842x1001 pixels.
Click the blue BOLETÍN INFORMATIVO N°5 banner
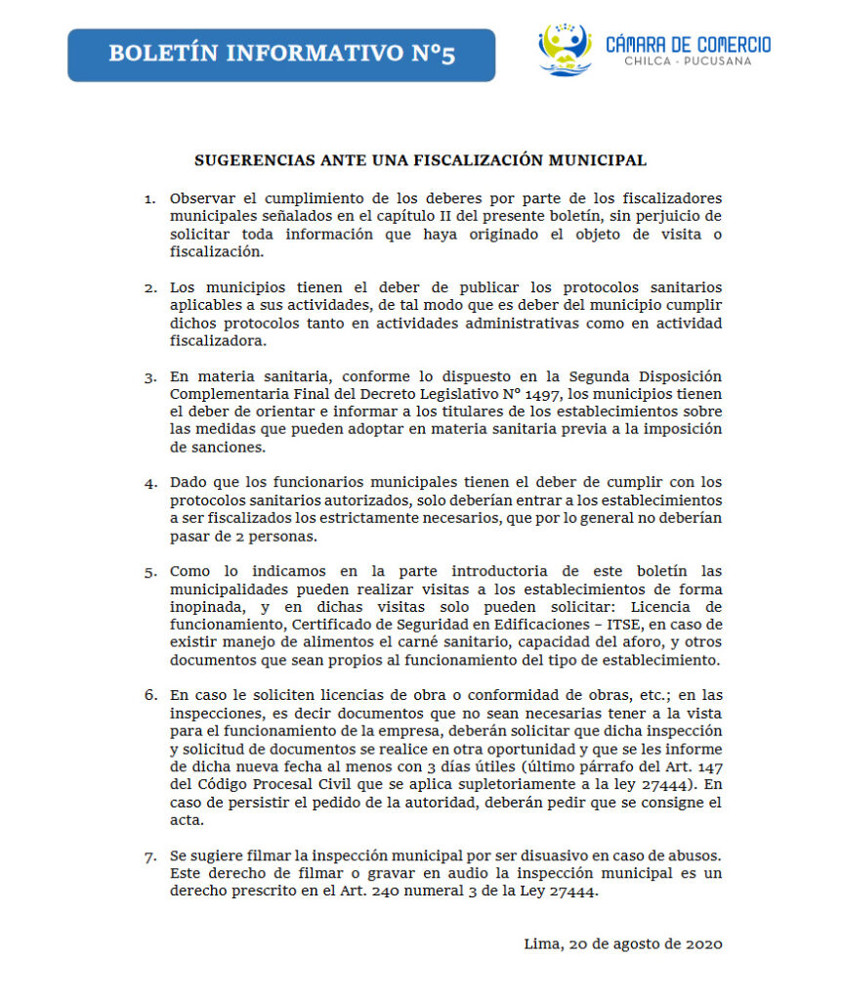(281, 54)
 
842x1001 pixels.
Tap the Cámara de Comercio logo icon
(566, 49)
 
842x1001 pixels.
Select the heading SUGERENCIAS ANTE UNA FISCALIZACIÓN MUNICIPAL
(420, 158)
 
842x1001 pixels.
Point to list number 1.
(149, 199)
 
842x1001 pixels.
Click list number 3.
(149, 376)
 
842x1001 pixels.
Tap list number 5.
(149, 571)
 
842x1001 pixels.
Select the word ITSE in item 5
(610, 624)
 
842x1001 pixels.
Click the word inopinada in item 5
(206, 606)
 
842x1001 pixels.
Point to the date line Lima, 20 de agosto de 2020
(622, 944)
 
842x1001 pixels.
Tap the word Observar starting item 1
(201, 198)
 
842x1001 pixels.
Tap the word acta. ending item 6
(186, 820)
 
